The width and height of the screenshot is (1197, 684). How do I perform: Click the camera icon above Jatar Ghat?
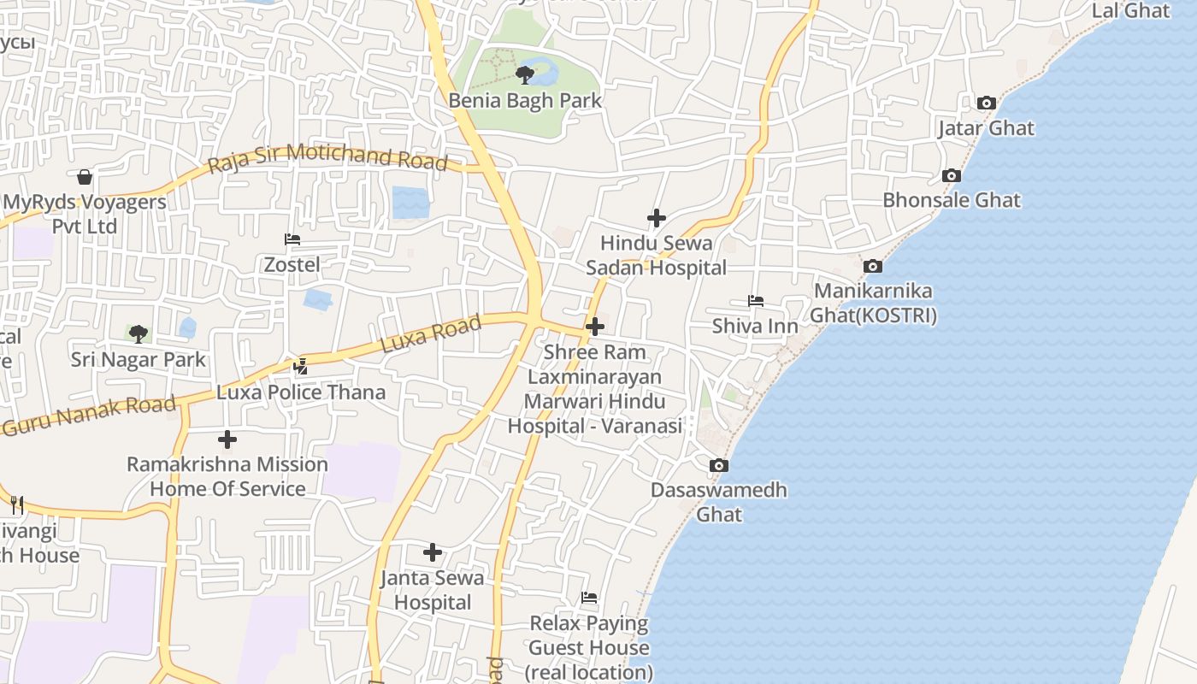tap(986, 103)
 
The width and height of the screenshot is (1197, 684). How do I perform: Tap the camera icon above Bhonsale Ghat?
tap(951, 176)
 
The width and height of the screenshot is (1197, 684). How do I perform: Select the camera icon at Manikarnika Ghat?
tap(872, 267)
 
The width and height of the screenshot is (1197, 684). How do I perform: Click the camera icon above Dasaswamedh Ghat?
tap(719, 466)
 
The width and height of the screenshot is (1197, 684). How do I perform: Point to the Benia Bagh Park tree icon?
tap(525, 75)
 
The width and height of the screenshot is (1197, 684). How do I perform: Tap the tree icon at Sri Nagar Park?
tap(138, 334)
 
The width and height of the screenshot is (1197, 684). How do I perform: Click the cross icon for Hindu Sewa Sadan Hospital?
tap(656, 219)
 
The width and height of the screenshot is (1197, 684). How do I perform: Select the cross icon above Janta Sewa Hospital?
tap(433, 553)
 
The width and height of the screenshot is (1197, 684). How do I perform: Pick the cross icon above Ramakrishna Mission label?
tap(227, 439)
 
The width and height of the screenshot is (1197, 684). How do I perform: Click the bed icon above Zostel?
tap(292, 240)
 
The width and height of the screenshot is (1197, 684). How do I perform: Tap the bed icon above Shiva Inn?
tap(755, 302)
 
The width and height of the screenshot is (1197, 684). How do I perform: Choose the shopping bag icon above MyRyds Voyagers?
tap(85, 178)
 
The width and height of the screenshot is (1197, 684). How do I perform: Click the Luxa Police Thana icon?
tap(300, 368)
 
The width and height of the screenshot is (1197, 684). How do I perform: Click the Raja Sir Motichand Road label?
tap(328, 157)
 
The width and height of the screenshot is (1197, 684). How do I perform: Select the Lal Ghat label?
tap(1130, 11)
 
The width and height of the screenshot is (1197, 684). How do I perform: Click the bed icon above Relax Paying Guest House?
tap(588, 598)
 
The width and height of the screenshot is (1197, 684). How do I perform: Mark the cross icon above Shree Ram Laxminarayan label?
tap(594, 327)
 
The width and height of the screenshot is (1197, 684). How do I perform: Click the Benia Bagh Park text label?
tap(525, 101)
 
